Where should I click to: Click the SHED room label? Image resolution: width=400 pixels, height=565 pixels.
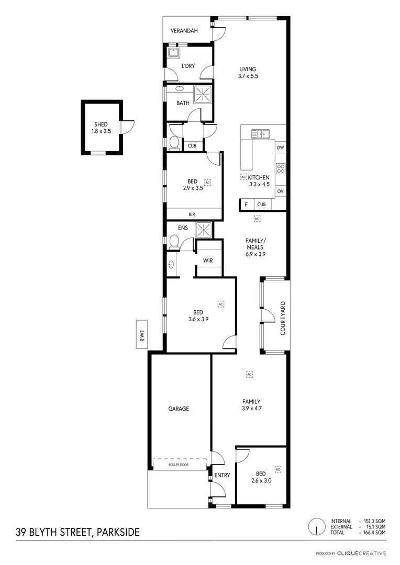pos(101,124)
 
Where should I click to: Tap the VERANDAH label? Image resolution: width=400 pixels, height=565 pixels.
pos(183,31)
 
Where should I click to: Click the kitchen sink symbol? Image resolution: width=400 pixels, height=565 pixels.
pos(260,134)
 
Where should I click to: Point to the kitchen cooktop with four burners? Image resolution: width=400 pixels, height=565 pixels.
pos(281,168)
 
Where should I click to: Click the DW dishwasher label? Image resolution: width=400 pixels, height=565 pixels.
pos(281,148)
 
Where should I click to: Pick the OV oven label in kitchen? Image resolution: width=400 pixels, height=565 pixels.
pos(281,191)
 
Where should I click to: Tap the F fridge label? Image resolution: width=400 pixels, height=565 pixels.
pos(246,205)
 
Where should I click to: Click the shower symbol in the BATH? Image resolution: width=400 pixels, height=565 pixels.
pos(203,94)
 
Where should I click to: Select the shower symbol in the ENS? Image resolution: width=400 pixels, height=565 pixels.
pos(203,229)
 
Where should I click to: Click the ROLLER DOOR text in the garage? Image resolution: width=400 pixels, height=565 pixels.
pos(179,464)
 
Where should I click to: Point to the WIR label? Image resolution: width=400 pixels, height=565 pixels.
pos(208,260)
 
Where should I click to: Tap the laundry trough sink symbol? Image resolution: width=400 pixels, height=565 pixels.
pos(173,52)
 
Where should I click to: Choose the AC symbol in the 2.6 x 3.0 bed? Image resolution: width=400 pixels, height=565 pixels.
pos(277,469)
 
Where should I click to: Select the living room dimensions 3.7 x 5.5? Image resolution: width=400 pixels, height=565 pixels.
pos(248,76)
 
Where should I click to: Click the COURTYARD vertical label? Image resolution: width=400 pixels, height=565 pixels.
pos(283,318)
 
